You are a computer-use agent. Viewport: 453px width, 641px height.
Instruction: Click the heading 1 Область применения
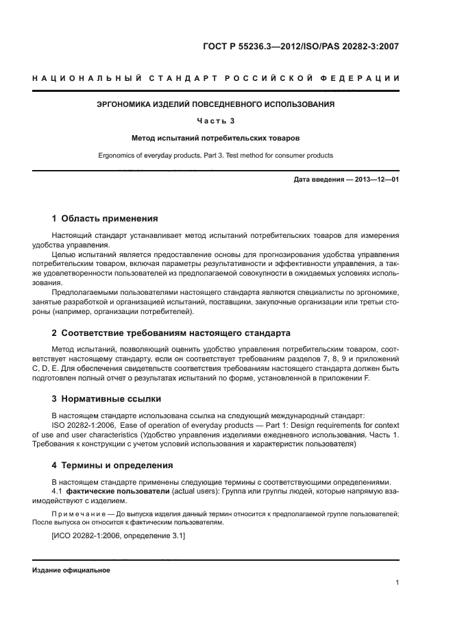(105, 219)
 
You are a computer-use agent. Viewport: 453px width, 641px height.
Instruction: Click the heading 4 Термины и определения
(112, 465)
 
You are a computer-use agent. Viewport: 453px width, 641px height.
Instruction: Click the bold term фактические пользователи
(110, 492)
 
